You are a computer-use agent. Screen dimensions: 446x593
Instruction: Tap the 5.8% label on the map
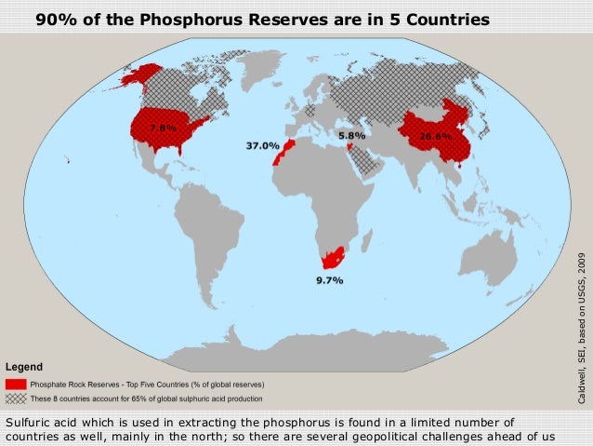[x=351, y=135]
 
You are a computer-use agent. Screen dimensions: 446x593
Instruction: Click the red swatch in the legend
[x=15, y=357]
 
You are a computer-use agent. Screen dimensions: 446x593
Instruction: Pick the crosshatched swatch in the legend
[x=15, y=372]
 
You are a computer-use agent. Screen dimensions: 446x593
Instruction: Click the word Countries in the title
[x=443, y=19]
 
